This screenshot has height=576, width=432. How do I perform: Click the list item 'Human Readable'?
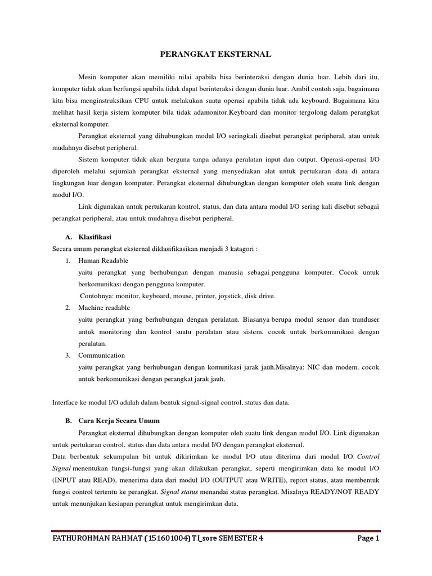103,260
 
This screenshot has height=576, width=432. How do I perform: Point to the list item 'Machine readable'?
104,308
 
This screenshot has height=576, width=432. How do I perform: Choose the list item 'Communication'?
102,355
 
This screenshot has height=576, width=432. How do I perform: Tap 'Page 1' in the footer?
368,538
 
